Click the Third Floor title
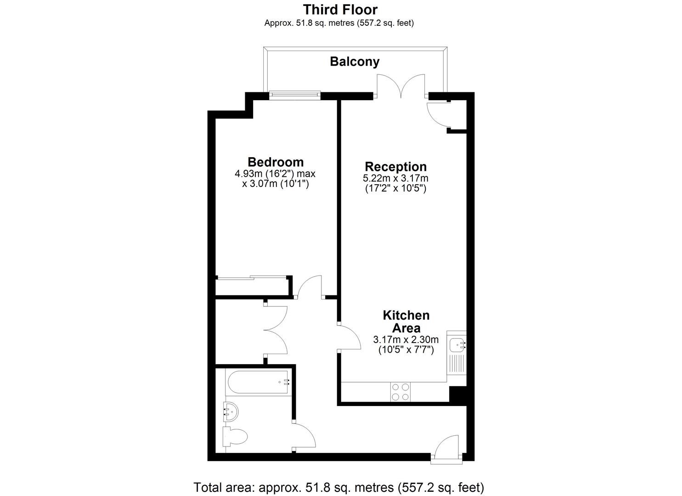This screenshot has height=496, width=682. coord(340,10)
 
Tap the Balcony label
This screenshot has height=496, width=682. coord(355,62)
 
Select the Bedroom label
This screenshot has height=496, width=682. coord(276,162)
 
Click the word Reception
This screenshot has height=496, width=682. coord(396,167)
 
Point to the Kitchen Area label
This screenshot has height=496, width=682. coord(406,321)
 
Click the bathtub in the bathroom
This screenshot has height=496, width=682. coord(258,382)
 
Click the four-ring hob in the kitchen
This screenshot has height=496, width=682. coord(400,392)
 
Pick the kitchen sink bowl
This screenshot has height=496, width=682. coord(457,345)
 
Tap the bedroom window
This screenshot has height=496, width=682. coord(295,96)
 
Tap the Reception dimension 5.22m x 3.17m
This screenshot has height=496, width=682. coord(395,178)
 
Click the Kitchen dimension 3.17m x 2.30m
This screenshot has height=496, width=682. coord(406,339)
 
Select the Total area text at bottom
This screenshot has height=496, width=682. coord(338,487)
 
